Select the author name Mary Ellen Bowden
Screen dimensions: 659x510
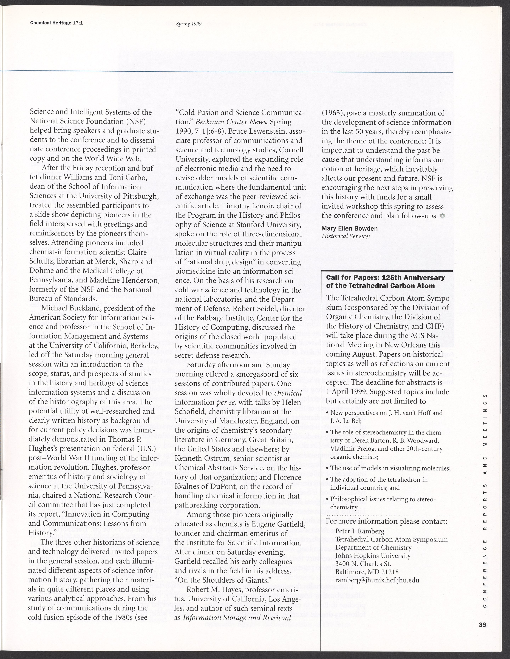point(349,228)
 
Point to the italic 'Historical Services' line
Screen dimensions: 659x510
point(346,236)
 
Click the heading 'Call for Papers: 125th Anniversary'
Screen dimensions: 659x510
point(386,278)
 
